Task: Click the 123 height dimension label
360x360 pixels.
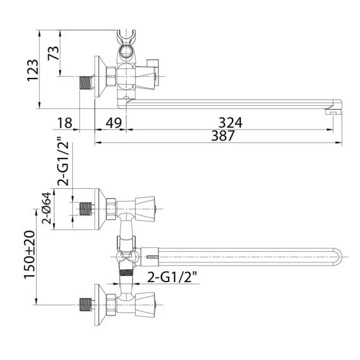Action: pos(32,70)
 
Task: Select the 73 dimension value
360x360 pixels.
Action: pos(53,53)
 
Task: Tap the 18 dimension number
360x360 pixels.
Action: pos(65,123)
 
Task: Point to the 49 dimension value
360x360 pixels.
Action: pos(113,123)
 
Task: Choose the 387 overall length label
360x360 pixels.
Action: pos(223,136)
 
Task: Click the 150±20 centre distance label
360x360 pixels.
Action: pos(30,254)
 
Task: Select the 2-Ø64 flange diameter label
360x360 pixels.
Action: pos(46,208)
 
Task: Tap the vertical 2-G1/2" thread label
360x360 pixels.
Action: pos(63,161)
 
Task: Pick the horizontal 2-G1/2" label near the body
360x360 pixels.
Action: pos(172,277)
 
